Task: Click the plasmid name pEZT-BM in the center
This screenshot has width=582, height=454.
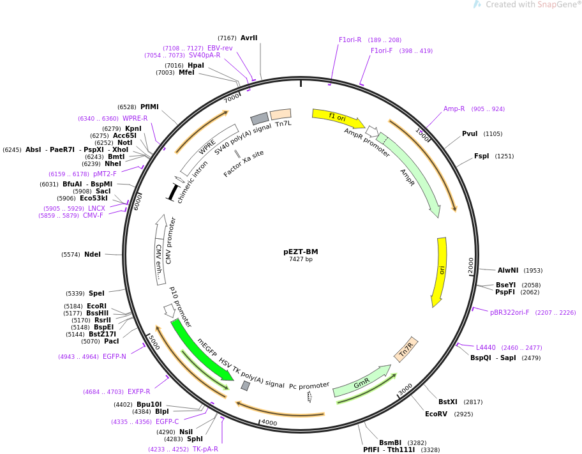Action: tap(301, 252)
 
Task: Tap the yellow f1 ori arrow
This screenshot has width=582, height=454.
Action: tap(338, 118)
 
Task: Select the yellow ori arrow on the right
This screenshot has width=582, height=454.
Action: tap(440, 272)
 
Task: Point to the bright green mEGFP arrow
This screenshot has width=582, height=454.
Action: tap(201, 350)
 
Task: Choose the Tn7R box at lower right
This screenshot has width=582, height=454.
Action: tap(406, 349)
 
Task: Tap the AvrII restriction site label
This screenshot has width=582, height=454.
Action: tap(249, 38)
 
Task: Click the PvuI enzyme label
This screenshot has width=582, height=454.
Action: tap(470, 133)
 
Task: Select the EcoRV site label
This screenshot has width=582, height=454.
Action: tap(436, 414)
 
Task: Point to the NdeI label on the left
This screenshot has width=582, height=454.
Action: tap(93, 255)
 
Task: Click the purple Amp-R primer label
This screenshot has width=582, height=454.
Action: tap(454, 109)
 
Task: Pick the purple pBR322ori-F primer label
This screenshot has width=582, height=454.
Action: tap(510, 312)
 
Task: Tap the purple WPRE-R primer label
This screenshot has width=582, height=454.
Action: tap(135, 118)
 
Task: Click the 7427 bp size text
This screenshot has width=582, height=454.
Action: tap(301, 259)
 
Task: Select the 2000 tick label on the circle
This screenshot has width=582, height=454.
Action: tap(471, 265)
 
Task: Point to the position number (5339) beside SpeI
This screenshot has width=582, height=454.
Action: tap(75, 294)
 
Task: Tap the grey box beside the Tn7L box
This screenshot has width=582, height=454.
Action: tap(260, 119)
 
